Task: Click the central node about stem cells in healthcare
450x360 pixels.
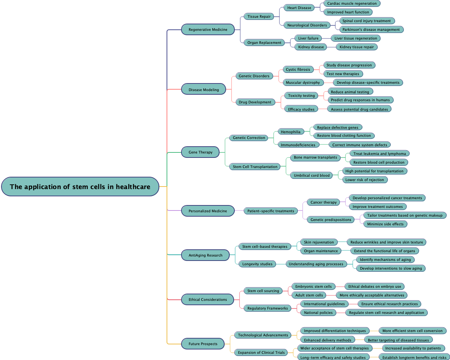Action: coord(80,187)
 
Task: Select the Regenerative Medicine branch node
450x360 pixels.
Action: coord(208,29)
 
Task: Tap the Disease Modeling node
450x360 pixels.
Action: coord(204,90)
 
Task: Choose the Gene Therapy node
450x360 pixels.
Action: coord(200,152)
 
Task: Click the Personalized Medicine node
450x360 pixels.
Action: coord(208,211)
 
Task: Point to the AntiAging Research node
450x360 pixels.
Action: coord(205,255)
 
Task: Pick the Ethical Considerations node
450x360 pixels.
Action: coord(208,299)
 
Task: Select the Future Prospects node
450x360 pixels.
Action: coord(203,344)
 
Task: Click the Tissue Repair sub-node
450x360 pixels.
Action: coord(259,16)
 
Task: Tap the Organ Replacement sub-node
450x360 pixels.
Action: coord(264,42)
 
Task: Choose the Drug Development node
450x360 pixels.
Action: coord(255,102)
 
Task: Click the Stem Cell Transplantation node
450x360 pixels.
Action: coord(255,167)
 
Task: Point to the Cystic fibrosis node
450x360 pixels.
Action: coord(298,69)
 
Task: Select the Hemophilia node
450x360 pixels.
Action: coord(291,132)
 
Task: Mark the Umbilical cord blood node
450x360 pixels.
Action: coord(312,175)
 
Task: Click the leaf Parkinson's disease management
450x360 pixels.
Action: coord(371,29)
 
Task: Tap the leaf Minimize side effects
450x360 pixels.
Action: coord(385,224)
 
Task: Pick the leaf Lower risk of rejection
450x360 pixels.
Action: coord(364,180)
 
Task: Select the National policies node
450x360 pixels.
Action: coord(318,312)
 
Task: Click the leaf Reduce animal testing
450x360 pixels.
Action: coord(350,92)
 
